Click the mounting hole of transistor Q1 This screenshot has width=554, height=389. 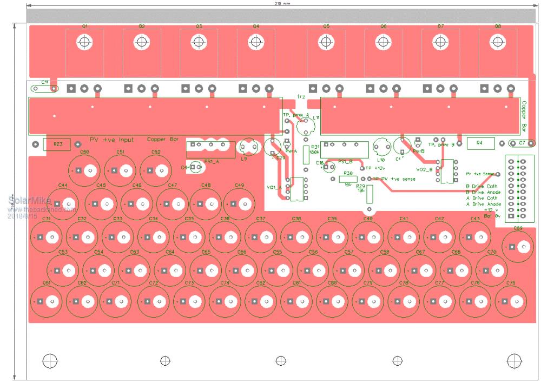[x=84, y=42]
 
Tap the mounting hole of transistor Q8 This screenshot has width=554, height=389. [x=497, y=42]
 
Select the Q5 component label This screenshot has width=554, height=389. [x=326, y=26]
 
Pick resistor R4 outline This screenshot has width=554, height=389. [x=479, y=142]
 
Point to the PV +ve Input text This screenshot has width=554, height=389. [x=111, y=140]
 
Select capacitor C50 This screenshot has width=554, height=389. [x=85, y=171]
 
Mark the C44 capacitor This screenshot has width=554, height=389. [x=63, y=204]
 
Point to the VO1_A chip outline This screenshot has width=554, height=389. [x=296, y=189]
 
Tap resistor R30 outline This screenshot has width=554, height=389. [x=346, y=179]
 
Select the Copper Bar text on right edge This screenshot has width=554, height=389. [x=524, y=116]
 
